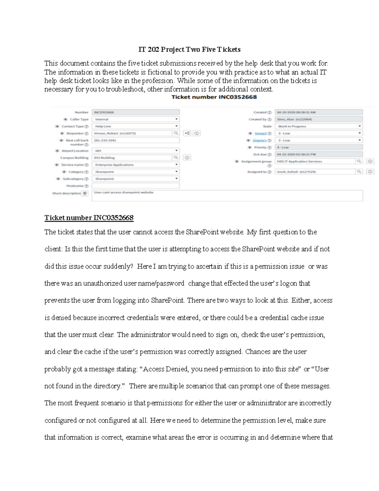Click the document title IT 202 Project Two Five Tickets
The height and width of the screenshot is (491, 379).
coord(189,50)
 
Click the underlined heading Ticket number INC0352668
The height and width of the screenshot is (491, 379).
coord(89,218)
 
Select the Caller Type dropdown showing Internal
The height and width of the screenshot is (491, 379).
coord(135,120)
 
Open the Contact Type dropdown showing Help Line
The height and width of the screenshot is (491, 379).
coord(135,126)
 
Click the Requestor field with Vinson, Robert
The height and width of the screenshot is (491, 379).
coord(132,133)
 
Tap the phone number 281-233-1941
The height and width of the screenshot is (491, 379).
coord(135,140)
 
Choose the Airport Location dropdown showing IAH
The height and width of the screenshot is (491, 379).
coord(135,151)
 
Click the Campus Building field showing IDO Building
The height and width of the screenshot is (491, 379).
coord(132,158)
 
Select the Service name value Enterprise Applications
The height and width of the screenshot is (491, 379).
coord(135,165)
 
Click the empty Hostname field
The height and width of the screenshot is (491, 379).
coord(135,186)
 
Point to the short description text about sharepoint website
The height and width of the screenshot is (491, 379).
coord(123,193)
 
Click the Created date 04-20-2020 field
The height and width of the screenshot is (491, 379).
coord(318,112)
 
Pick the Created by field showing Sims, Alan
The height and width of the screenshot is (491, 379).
coord(318,120)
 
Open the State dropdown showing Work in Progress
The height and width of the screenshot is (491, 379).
coord(318,126)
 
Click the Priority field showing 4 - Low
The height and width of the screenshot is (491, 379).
coord(318,147)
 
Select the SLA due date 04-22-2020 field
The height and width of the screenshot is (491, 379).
coord(318,155)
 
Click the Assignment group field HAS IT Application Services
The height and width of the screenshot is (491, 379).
coord(315,162)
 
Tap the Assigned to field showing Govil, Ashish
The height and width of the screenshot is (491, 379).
coord(315,172)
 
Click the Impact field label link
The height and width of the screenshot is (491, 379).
coord(261,133)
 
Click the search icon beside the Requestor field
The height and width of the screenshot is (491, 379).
coord(176,133)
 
